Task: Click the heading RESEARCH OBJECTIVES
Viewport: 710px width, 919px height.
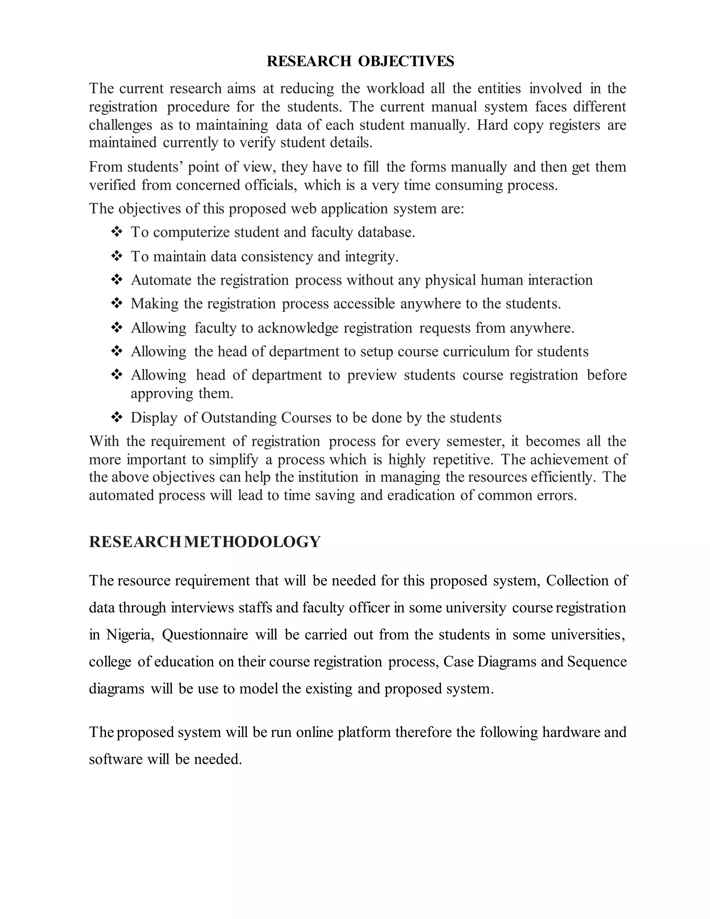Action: pos(361,61)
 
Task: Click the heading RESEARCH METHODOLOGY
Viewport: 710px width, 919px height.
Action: pos(205,542)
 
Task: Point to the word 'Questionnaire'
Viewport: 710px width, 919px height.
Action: pos(205,635)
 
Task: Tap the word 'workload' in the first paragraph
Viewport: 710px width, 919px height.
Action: pos(395,88)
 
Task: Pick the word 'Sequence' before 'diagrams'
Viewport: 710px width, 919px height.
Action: pos(597,661)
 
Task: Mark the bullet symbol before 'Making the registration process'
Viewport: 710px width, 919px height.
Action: pos(116,303)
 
